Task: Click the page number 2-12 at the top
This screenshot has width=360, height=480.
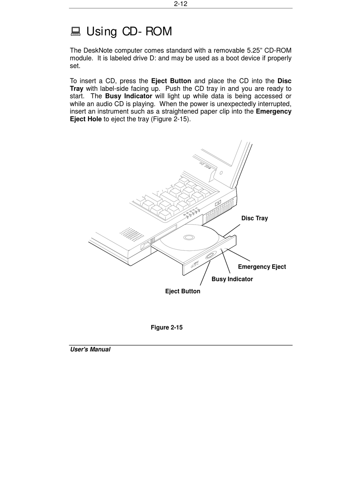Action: (x=181, y=4)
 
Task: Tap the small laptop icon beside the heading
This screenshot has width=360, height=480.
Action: (x=76, y=31)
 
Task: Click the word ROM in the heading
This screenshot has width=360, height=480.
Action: (x=159, y=31)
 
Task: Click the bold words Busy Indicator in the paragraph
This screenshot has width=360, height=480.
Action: (x=128, y=96)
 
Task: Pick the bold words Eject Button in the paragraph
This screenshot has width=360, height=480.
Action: (x=171, y=81)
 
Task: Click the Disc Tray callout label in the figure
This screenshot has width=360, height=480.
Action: (x=254, y=218)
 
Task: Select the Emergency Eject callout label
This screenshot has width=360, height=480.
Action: (x=262, y=267)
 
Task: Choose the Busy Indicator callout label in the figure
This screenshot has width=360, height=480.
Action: (x=232, y=279)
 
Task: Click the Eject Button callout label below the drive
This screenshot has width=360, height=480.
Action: (x=183, y=291)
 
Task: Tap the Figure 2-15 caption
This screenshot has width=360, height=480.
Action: (x=166, y=327)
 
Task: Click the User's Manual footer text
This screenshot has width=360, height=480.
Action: (x=90, y=349)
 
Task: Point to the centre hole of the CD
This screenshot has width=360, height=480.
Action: (x=189, y=238)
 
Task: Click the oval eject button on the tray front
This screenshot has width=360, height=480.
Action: (x=210, y=256)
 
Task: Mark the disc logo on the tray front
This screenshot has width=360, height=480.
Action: (x=194, y=264)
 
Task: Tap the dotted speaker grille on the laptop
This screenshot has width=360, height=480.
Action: (x=131, y=235)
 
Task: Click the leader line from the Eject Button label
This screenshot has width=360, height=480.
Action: (x=205, y=273)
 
